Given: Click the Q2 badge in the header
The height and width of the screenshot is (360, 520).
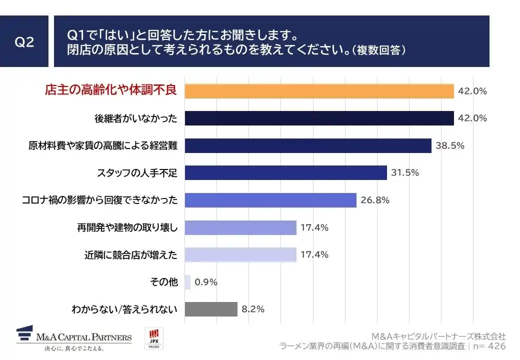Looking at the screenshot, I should [x=24, y=41].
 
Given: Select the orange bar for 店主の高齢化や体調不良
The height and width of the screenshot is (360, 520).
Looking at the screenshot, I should [x=319, y=91].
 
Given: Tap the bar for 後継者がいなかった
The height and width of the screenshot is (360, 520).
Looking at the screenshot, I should [x=319, y=118].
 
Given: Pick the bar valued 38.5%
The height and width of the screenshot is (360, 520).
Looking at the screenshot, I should [x=308, y=145].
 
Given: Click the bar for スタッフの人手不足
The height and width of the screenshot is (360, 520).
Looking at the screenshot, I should [x=285, y=173].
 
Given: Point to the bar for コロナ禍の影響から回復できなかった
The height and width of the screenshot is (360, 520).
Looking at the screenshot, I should [x=270, y=200].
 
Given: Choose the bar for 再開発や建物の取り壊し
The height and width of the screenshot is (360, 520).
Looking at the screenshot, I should [x=240, y=227].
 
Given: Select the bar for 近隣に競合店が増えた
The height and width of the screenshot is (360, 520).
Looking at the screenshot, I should [x=240, y=254].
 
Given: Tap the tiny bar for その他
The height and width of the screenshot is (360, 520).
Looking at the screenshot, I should [x=187, y=282].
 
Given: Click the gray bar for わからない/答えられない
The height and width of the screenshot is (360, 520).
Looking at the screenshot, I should [x=211, y=309].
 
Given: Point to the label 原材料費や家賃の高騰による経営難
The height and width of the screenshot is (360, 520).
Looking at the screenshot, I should [x=103, y=146].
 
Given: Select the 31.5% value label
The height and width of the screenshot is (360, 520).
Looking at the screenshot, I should [x=405, y=173].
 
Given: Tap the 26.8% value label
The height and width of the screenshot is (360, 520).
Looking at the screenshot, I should [x=374, y=200].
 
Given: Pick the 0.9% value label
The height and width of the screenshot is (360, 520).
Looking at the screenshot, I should [x=206, y=282].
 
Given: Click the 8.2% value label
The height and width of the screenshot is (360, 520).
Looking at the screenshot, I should [x=253, y=309].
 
